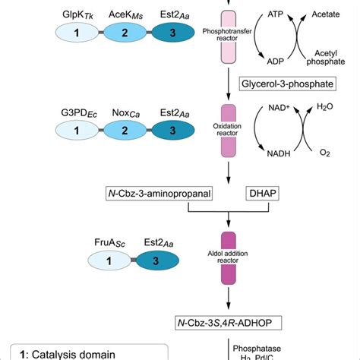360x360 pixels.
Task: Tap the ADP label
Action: (278, 61)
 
